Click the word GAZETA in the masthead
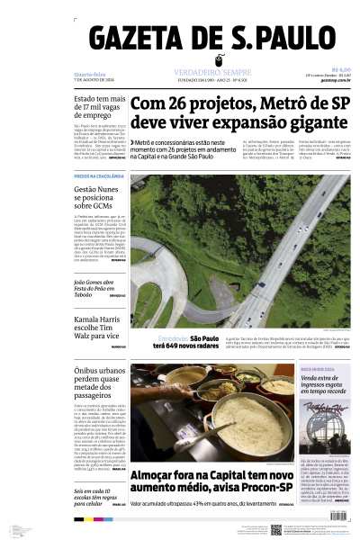point(134,41)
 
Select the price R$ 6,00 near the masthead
point(340,69)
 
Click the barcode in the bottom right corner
point(335,527)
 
